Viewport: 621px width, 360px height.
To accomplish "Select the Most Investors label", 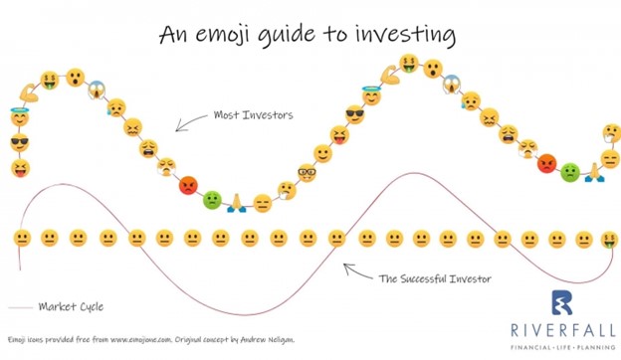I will (253, 115).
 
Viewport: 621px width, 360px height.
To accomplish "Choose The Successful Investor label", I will (434, 278).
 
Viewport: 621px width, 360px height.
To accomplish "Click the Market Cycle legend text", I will (71, 306).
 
